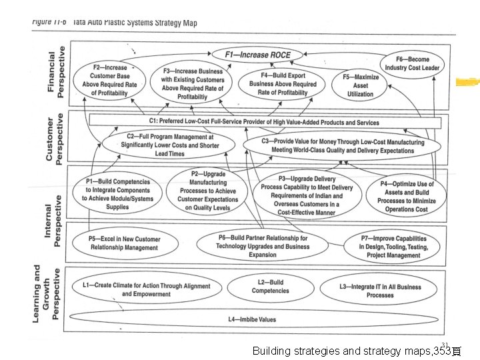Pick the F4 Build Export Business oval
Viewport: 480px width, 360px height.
(283, 84)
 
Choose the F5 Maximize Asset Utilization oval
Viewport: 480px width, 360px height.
(360, 85)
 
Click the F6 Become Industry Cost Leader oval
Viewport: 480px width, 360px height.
(413, 63)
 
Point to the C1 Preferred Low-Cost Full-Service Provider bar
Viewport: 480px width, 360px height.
(264, 122)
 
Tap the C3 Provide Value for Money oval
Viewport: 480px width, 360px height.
(342, 146)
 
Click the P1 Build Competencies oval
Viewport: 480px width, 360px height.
(117, 194)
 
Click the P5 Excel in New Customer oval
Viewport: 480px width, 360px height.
(124, 243)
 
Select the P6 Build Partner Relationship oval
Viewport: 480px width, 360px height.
(263, 246)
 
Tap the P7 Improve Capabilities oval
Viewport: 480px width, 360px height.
(393, 247)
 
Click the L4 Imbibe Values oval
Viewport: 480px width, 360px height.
(251, 319)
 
